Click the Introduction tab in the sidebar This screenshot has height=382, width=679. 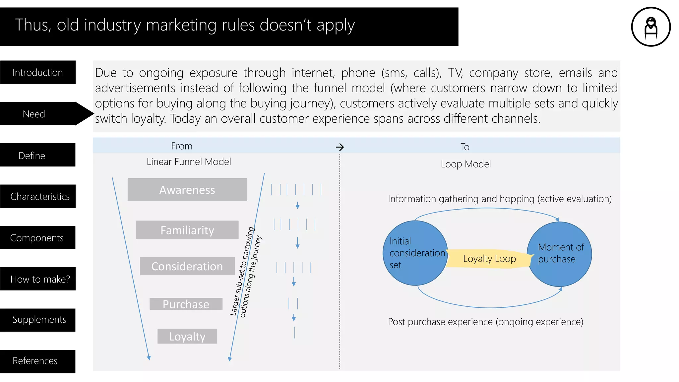[x=38, y=72]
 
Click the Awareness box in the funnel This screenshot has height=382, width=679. [x=187, y=190]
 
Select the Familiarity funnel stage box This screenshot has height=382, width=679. [x=187, y=230]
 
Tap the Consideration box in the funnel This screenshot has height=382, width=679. [x=187, y=266]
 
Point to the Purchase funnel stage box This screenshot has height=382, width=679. [x=186, y=304]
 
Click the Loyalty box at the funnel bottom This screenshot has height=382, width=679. [x=187, y=336]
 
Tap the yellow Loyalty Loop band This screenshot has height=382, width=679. [x=489, y=259]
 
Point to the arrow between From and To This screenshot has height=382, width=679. [x=340, y=147]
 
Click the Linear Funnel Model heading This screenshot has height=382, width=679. [x=189, y=162]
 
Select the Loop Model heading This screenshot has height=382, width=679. [x=465, y=164]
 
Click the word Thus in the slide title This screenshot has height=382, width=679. [x=32, y=25]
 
